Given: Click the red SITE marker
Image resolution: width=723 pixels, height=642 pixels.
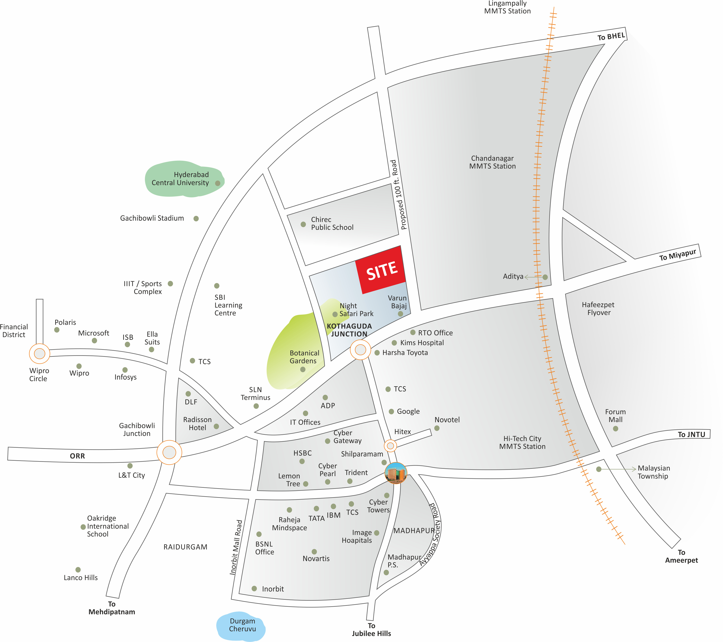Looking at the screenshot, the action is pyautogui.click(x=381, y=270).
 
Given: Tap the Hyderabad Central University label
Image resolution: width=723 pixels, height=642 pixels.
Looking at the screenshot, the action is pyautogui.click(x=180, y=179).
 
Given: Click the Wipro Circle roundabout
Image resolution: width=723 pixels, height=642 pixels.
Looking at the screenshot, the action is pyautogui.click(x=40, y=353).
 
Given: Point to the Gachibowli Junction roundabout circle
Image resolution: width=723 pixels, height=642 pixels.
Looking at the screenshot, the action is pyautogui.click(x=169, y=452).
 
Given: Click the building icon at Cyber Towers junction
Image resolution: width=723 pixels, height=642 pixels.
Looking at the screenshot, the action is pyautogui.click(x=396, y=473).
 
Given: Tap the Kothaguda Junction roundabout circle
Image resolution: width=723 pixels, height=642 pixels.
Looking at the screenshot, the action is pyautogui.click(x=360, y=350).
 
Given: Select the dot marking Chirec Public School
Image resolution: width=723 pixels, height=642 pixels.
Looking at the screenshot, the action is pyautogui.click(x=303, y=224).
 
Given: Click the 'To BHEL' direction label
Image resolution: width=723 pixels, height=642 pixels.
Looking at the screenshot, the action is pyautogui.click(x=611, y=36).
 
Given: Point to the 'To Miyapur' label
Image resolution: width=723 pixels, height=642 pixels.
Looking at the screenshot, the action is pyautogui.click(x=677, y=255).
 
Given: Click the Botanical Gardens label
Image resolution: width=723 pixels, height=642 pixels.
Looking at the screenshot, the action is pyautogui.click(x=304, y=357).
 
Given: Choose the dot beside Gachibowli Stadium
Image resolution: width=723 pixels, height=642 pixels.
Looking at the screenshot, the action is pyautogui.click(x=196, y=218).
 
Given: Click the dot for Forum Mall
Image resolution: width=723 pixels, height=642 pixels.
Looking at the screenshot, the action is pyautogui.click(x=615, y=429).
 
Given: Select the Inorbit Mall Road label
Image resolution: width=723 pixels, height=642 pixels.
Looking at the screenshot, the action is pyautogui.click(x=236, y=547).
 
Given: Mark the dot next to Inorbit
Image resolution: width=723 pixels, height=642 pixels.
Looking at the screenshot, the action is pyautogui.click(x=254, y=588).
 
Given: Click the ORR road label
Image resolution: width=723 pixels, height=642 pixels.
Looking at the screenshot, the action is pyautogui.click(x=77, y=456).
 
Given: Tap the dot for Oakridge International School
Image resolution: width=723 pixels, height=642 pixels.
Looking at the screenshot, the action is pyautogui.click(x=83, y=527).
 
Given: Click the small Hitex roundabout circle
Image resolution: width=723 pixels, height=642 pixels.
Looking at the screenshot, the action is pyautogui.click(x=390, y=446).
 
